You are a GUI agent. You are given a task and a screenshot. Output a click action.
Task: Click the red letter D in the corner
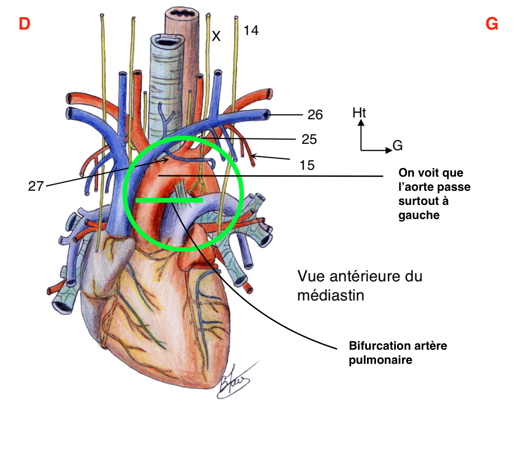(24, 24)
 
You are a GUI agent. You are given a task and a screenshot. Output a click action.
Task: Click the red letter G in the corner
(492, 24)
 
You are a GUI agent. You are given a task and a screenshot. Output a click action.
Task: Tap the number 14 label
(251, 31)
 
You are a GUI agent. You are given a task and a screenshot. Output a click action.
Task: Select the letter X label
(216, 36)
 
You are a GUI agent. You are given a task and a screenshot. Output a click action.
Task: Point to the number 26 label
(315, 115)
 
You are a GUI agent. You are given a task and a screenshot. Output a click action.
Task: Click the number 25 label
(309, 139)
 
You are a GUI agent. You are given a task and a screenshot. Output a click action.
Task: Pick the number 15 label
(307, 165)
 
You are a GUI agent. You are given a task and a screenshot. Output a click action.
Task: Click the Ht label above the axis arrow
(360, 112)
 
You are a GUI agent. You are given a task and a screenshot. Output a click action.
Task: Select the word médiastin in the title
(331, 296)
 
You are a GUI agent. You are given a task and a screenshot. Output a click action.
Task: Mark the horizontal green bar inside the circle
(169, 200)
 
